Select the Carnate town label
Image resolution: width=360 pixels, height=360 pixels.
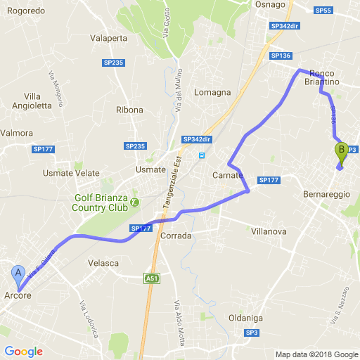(x=227, y=176)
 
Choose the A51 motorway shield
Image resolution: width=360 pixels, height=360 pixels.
(x=151, y=278)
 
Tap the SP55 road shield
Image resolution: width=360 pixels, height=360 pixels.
(x=323, y=11)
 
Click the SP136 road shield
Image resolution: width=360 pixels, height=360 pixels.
(x=281, y=55)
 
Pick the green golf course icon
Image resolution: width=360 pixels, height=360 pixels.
(x=135, y=202)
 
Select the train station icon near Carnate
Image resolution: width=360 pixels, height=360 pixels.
(x=202, y=156)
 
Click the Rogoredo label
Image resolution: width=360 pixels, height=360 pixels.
(x=25, y=11)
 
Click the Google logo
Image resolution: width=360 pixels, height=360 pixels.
(x=23, y=352)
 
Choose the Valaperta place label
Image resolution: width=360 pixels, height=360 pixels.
(x=109, y=39)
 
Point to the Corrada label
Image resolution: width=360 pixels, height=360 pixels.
(x=176, y=236)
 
